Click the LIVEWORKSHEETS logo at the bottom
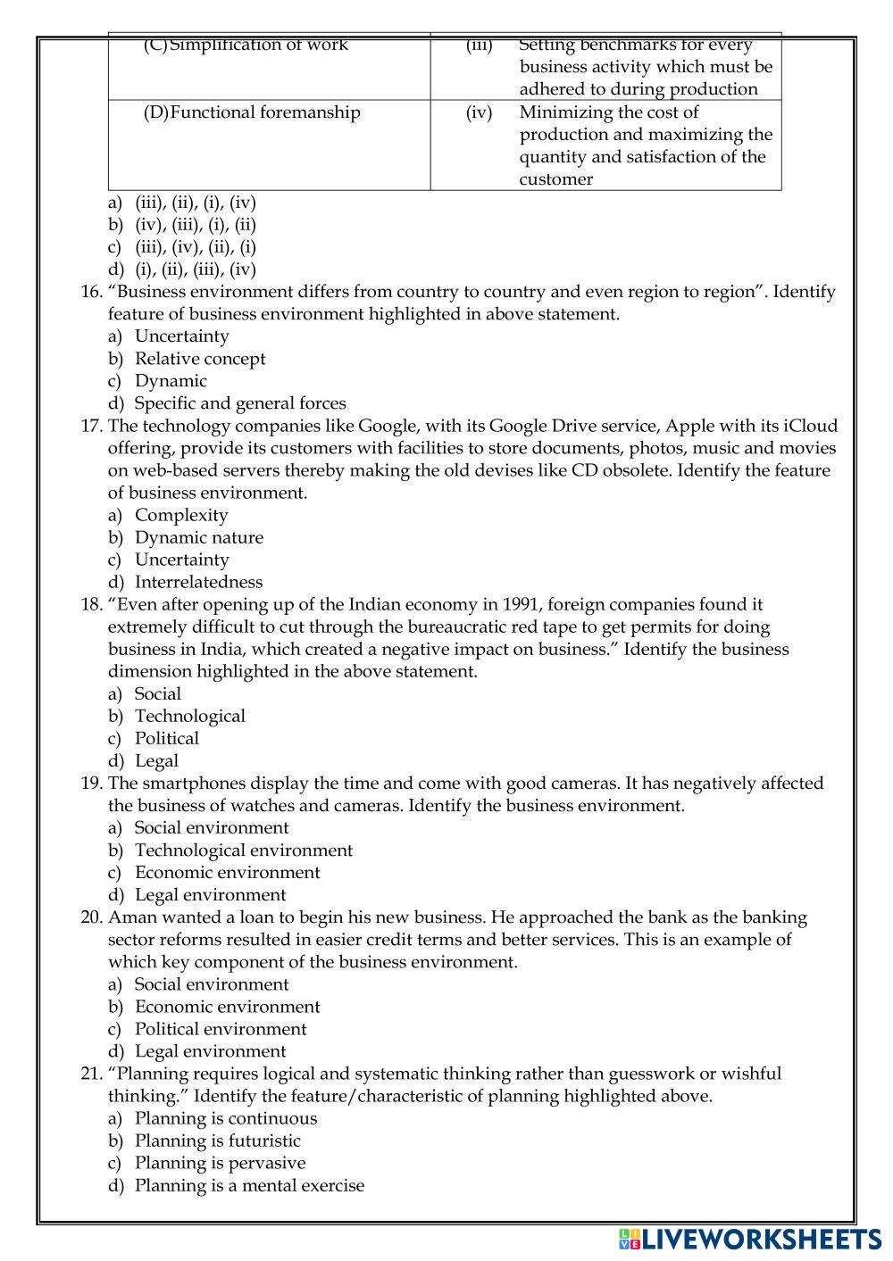point(749,1239)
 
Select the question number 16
point(92,292)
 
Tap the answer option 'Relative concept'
point(200,359)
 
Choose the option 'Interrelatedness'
point(198,582)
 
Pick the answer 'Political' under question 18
point(167,738)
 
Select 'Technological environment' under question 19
point(244,850)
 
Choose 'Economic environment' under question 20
point(227,1007)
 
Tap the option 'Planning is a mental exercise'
point(249,1185)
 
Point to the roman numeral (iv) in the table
point(479,112)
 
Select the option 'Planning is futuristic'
point(218,1141)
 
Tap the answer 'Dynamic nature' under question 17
point(199,537)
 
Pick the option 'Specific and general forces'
point(240,403)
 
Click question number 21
point(92,1074)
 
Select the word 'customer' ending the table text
point(555,179)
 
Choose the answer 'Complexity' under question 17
point(181,515)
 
